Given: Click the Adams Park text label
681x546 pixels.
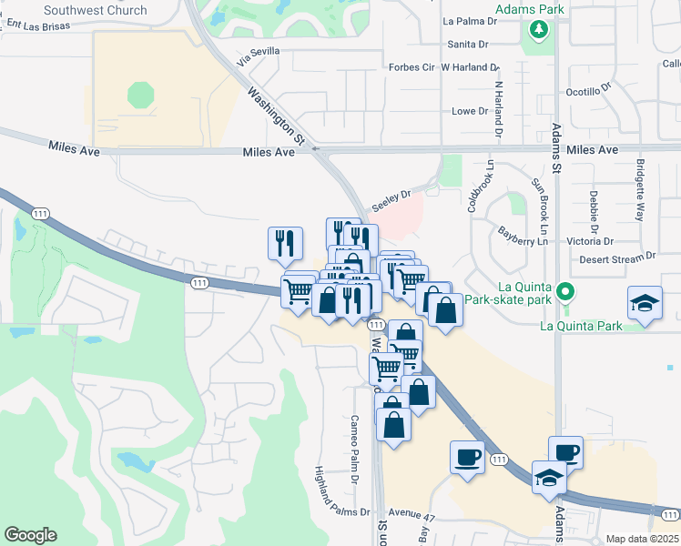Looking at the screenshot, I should click(x=529, y=10).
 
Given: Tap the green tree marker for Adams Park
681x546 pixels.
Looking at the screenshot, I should click(x=539, y=30).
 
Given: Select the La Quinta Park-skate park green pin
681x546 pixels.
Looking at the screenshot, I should click(x=565, y=293).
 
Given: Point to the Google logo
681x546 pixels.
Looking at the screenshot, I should click(x=30, y=535).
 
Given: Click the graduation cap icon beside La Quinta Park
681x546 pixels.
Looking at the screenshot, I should click(x=645, y=302).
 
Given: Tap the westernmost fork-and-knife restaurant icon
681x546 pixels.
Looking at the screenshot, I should click(x=285, y=242).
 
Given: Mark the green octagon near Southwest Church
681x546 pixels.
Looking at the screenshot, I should click(x=141, y=95).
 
